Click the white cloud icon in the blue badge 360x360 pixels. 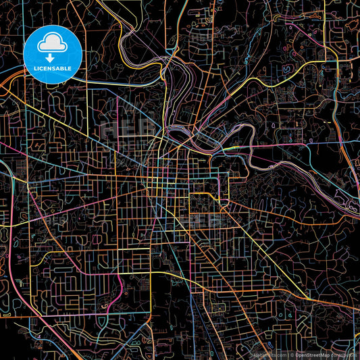point(52,44)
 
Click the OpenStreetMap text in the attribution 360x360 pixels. point(312,354)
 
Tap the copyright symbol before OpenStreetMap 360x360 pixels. point(292,354)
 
